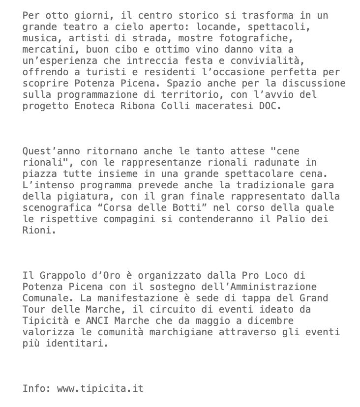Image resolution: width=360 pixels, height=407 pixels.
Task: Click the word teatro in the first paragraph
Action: (x=77, y=27)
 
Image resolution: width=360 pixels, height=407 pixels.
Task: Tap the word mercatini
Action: (x=48, y=49)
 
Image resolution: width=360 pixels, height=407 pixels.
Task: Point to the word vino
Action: (x=207, y=49)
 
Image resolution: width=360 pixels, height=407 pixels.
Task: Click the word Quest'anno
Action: (x=51, y=151)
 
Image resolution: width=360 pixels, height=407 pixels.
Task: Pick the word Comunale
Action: (x=45, y=298)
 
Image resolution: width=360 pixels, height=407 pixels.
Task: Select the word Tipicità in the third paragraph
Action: (x=45, y=320)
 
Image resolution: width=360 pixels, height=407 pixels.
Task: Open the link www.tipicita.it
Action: (x=100, y=388)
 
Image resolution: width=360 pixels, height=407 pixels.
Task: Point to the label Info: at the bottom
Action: (x=37, y=388)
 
